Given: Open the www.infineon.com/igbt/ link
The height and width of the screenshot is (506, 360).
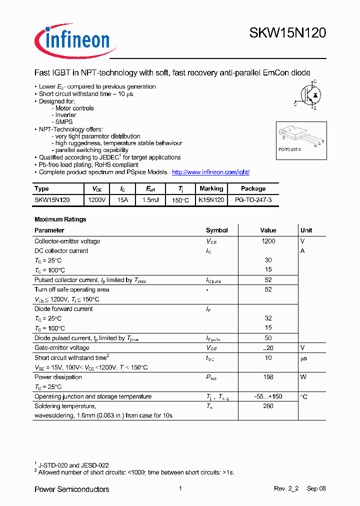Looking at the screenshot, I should [x=210, y=172].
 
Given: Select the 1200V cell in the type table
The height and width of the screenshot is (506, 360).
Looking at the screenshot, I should [x=96, y=199].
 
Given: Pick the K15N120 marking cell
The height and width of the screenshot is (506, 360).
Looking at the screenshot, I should [x=211, y=199].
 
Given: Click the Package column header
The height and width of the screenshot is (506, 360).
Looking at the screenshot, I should [x=253, y=188].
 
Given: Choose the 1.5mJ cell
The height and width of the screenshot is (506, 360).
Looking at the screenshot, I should [x=150, y=199].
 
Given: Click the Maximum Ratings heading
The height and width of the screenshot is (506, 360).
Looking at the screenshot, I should [x=60, y=219].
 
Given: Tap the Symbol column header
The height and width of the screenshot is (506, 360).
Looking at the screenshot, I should [x=216, y=230].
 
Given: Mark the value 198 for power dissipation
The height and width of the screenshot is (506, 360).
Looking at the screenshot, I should [x=268, y=377].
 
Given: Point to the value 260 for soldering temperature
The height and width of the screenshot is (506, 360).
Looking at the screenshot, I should [x=268, y=406].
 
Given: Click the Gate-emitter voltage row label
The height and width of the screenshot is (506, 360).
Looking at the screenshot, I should [x=62, y=347].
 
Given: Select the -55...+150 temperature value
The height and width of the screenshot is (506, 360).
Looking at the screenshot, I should [x=268, y=396].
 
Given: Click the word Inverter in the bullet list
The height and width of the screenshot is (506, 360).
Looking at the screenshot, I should [x=65, y=115].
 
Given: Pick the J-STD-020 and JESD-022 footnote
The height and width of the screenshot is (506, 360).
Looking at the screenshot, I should [x=73, y=465].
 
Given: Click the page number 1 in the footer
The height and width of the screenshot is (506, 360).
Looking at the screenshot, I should [x=180, y=488].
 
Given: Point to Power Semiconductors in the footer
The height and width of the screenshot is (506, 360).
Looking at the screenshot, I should [x=71, y=489].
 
